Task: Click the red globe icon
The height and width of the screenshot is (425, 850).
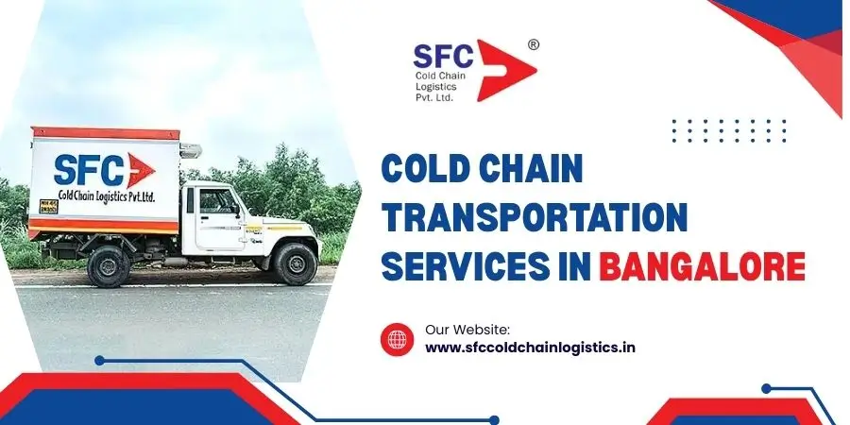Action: click(397, 339)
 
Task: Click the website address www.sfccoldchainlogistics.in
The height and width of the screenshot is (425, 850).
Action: click(530, 348)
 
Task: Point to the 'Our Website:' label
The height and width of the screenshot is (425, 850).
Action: click(467, 329)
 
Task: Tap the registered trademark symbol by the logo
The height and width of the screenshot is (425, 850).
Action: click(533, 45)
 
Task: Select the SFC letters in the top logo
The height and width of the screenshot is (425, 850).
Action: click(444, 56)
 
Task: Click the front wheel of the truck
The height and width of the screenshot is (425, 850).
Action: click(295, 264)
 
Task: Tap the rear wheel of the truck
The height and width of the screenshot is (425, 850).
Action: click(109, 266)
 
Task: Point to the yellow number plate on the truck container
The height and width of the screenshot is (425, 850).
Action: click(49, 206)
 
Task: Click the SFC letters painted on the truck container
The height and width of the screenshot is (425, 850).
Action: click(89, 170)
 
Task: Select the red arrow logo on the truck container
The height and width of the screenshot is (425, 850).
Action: click(141, 170)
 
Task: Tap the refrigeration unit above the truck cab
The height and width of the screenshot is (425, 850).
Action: click(190, 150)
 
